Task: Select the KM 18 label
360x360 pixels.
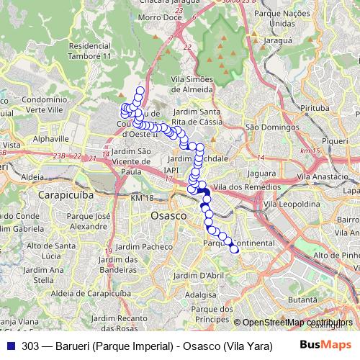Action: pos(142,198)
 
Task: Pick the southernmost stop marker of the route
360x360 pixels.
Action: pos(234,249)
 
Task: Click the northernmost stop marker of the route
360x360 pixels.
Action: pos(139,91)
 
